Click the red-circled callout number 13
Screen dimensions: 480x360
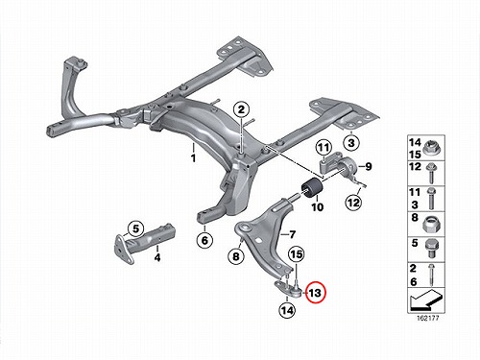click(x=315, y=293)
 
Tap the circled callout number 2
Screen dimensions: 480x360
click(x=241, y=109)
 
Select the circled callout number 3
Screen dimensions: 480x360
click(x=351, y=142)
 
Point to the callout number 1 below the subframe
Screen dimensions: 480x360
click(x=193, y=158)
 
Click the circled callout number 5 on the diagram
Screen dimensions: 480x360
click(x=136, y=228)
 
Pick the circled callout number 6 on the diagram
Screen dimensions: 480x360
click(x=204, y=240)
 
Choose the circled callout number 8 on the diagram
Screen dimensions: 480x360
click(x=236, y=256)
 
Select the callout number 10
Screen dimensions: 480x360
click(x=318, y=207)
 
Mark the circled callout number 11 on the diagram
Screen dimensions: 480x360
click(x=324, y=148)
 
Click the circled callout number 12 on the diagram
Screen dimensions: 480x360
click(x=353, y=203)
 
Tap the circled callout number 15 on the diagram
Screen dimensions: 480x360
click(x=297, y=254)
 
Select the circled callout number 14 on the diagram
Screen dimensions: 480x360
click(x=287, y=310)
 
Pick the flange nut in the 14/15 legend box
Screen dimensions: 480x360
click(x=431, y=148)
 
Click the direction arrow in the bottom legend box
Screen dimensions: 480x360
click(x=425, y=300)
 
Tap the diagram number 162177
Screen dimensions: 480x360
click(x=427, y=319)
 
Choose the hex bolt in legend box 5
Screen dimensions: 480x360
click(x=432, y=249)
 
